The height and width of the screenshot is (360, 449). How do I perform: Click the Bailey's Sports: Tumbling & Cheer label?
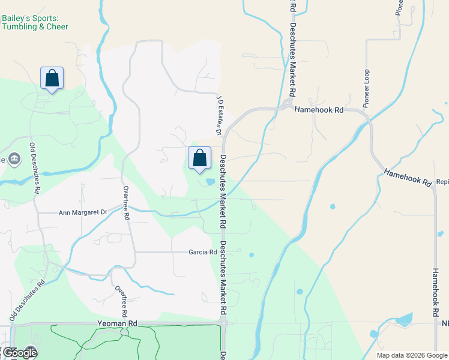pyautogui.click(x=34, y=23)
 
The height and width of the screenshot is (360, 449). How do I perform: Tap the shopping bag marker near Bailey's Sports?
pyautogui.click(x=52, y=79)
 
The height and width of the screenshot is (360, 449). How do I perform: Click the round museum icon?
pyautogui.click(x=15, y=159)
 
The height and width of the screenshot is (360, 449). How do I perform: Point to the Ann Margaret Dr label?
pyautogui.click(x=82, y=212)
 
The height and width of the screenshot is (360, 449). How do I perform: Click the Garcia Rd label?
pyautogui.click(x=202, y=253)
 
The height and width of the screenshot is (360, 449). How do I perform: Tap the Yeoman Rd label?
pyautogui.click(x=118, y=323)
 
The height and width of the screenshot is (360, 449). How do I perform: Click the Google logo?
pyautogui.click(x=19, y=353)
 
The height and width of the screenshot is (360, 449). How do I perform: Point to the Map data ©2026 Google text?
pyautogui.click(x=412, y=355)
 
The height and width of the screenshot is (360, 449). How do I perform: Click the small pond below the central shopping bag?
pyautogui.click(x=210, y=181)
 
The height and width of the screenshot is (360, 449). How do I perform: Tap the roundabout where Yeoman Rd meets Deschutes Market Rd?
pyautogui.click(x=223, y=323)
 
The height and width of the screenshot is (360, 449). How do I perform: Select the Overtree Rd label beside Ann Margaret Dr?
pyautogui.click(x=127, y=203)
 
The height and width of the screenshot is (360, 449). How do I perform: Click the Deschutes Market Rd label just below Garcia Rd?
pyautogui.click(x=223, y=279)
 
